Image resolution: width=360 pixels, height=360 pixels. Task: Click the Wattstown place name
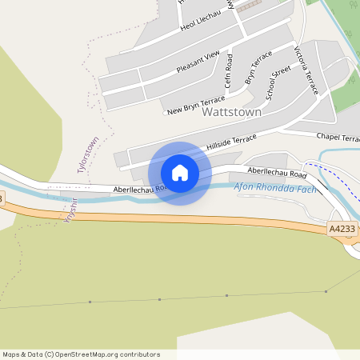(232, 113)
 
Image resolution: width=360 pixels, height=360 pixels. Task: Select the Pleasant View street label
(198, 61)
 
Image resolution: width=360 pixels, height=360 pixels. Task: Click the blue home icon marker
(180, 173)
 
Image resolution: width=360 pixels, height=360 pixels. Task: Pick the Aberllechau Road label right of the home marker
(277, 173)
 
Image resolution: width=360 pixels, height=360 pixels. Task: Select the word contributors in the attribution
(138, 354)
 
